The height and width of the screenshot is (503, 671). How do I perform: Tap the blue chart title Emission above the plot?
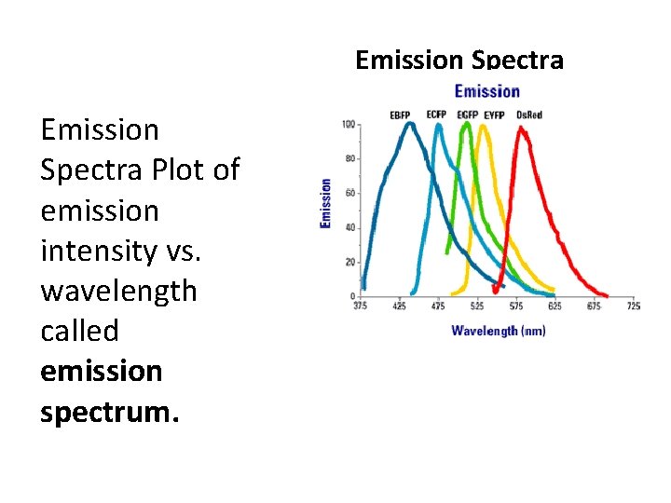[x=486, y=90]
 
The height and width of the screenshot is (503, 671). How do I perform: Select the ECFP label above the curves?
[x=436, y=114]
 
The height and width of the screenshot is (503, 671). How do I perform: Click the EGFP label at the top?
[x=467, y=115]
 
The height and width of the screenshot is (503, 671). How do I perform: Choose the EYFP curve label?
[x=494, y=115]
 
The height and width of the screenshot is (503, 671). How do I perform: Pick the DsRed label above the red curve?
[x=529, y=115]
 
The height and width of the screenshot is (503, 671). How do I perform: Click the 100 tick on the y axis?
[x=349, y=124]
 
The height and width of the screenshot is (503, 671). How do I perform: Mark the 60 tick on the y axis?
[x=350, y=193]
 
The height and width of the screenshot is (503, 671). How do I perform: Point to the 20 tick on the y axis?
[x=350, y=262]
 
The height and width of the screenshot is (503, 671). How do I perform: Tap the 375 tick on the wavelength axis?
[x=360, y=306]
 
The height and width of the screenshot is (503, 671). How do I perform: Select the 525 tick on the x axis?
[x=476, y=306]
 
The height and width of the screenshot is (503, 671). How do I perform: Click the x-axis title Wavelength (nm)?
[x=498, y=331]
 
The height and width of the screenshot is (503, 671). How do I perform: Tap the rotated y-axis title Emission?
[x=326, y=203]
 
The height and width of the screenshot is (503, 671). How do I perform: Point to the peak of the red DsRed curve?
[x=522, y=129]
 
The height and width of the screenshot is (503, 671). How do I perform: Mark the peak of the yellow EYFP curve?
[x=483, y=126]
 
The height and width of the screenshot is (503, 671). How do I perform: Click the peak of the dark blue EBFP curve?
[x=407, y=124]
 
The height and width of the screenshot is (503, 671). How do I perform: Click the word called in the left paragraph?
[x=79, y=331]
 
